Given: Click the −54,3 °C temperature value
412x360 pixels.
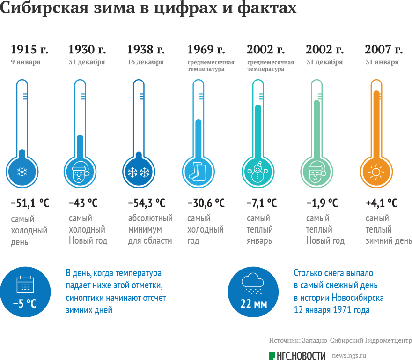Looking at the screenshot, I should [x=147, y=203].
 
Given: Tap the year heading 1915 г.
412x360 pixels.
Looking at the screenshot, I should [x=29, y=50].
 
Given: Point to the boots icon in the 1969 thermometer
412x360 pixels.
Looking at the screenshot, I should [x=197, y=172].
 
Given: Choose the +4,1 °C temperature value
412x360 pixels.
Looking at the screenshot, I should [x=381, y=203].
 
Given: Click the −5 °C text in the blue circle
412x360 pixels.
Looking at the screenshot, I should [x=24, y=304].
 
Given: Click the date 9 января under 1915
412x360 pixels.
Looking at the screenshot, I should [x=25, y=62].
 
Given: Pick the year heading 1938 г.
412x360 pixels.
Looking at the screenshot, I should [x=146, y=50].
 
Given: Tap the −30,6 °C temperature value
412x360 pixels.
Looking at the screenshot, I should [x=206, y=203].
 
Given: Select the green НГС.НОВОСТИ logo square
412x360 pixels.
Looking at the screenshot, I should [x=272, y=356].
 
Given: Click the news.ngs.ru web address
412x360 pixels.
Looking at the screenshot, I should [x=348, y=356].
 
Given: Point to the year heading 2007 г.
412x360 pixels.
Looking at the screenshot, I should [x=383, y=50].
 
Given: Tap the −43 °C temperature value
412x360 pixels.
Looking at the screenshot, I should [x=83, y=203].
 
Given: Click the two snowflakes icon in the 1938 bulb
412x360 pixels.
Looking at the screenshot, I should [x=138, y=172].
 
